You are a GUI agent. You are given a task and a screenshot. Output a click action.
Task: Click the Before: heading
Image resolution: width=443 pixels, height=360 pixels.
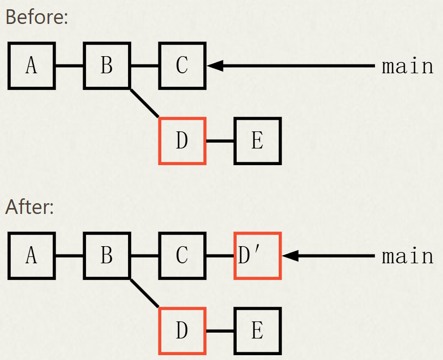[36, 18]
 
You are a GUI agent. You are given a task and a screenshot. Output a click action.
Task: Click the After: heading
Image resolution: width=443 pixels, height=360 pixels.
[29, 207]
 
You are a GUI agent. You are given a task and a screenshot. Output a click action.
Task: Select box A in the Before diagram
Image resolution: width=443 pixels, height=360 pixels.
[32, 65]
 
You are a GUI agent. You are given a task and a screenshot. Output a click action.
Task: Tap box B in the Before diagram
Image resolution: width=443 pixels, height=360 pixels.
[107, 65]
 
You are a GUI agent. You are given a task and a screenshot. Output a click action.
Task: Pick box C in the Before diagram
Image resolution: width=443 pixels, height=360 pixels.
[182, 65]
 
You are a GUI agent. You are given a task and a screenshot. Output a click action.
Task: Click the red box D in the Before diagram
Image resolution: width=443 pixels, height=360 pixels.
[182, 141]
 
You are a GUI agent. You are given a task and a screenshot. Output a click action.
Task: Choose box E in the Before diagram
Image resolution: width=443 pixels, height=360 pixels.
[258, 141]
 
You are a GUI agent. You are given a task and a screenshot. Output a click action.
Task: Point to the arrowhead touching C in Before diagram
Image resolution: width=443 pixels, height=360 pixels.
[215, 65]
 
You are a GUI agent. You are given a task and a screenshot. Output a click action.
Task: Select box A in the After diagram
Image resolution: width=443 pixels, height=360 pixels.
[32, 255]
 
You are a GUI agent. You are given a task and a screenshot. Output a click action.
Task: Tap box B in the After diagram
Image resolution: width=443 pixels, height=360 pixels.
[107, 255]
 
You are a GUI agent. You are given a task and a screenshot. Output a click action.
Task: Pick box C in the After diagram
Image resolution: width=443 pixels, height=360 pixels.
[182, 255]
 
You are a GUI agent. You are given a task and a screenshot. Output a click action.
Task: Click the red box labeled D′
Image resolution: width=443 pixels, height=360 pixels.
[258, 255]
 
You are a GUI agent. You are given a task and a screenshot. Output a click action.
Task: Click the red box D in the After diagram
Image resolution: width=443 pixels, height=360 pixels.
[182, 331]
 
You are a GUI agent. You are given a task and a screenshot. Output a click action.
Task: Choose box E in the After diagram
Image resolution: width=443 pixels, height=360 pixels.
[258, 331]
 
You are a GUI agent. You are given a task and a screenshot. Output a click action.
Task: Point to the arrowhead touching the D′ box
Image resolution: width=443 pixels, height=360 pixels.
[290, 255]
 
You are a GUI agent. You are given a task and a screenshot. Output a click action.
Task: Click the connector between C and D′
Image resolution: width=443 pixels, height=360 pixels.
[220, 255]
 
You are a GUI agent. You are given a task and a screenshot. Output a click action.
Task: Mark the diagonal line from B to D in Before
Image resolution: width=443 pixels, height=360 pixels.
[145, 104]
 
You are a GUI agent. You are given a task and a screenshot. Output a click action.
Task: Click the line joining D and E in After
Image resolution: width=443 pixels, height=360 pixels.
[220, 331]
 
